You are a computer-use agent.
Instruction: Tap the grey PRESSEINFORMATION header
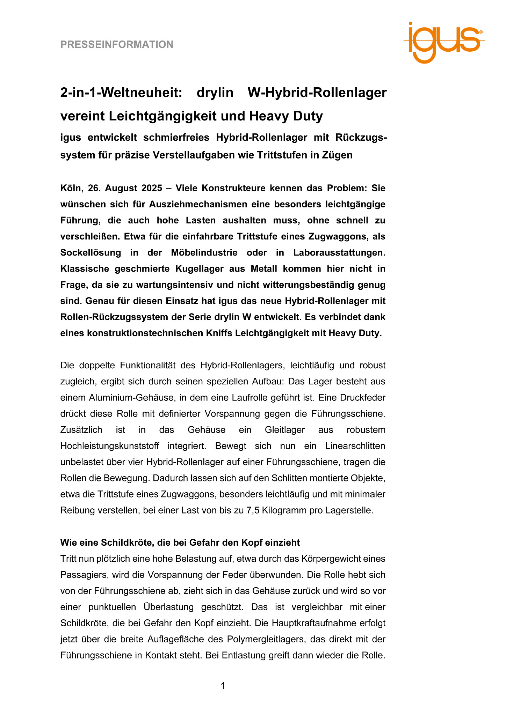point(117,45)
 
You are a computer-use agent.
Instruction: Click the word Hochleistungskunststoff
point(110,446)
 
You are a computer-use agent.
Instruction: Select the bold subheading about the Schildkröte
point(180,543)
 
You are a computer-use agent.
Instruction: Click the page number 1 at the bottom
point(223,686)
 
